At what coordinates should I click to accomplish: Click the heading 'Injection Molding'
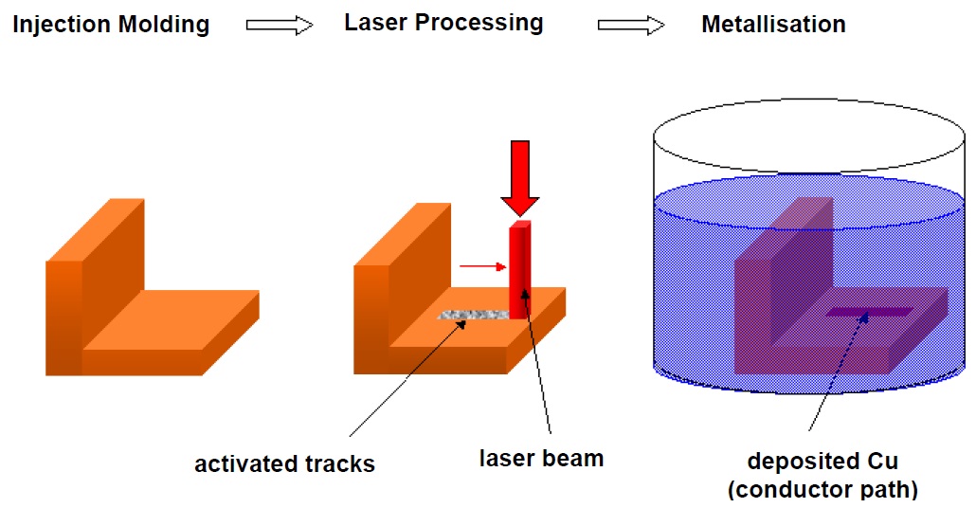(111, 25)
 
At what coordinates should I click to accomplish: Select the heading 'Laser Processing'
(443, 23)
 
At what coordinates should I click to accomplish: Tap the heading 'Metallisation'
(773, 25)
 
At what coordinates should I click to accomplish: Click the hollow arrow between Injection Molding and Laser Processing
(280, 27)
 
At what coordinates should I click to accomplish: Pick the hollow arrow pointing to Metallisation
(630, 27)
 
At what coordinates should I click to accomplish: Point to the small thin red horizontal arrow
(481, 266)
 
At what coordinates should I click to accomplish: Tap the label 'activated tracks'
(285, 463)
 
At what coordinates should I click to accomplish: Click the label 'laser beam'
(541, 460)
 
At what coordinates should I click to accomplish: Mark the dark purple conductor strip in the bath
(869, 311)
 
